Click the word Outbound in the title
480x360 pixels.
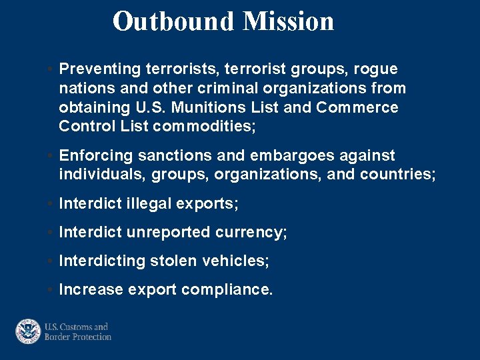[x=174, y=21]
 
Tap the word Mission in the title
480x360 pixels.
[x=288, y=21]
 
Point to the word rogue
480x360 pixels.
[x=375, y=69]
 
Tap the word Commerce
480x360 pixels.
[x=357, y=108]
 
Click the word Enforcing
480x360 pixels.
[x=96, y=156]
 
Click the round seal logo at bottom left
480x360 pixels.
[x=28, y=331]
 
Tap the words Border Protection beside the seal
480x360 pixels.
[x=78, y=337]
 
